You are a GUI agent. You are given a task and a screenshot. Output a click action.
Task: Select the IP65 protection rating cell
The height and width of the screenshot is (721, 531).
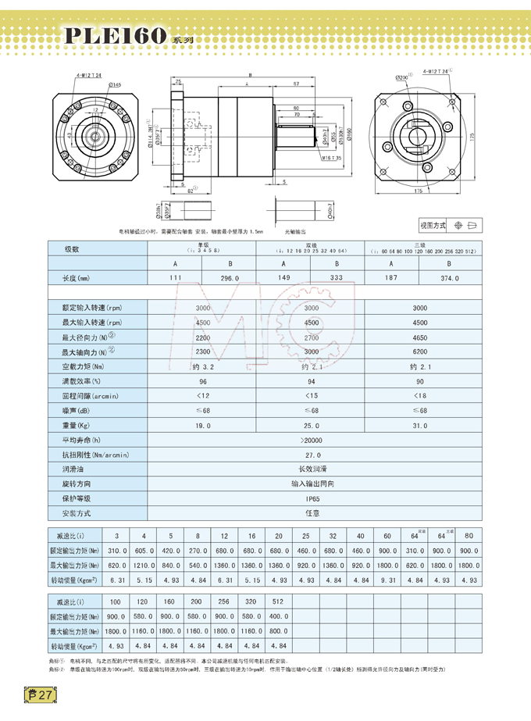(x=312, y=498)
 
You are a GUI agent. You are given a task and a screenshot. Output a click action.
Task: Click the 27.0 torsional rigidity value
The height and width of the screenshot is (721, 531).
(x=312, y=454)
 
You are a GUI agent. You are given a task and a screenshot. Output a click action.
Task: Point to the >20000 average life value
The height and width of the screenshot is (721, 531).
(x=312, y=440)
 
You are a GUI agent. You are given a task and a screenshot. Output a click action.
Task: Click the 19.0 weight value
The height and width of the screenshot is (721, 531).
(x=203, y=425)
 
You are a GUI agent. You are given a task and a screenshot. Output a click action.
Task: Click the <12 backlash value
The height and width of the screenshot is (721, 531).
(x=203, y=395)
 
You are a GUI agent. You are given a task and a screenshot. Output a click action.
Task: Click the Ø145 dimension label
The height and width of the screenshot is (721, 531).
(x=115, y=84)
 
